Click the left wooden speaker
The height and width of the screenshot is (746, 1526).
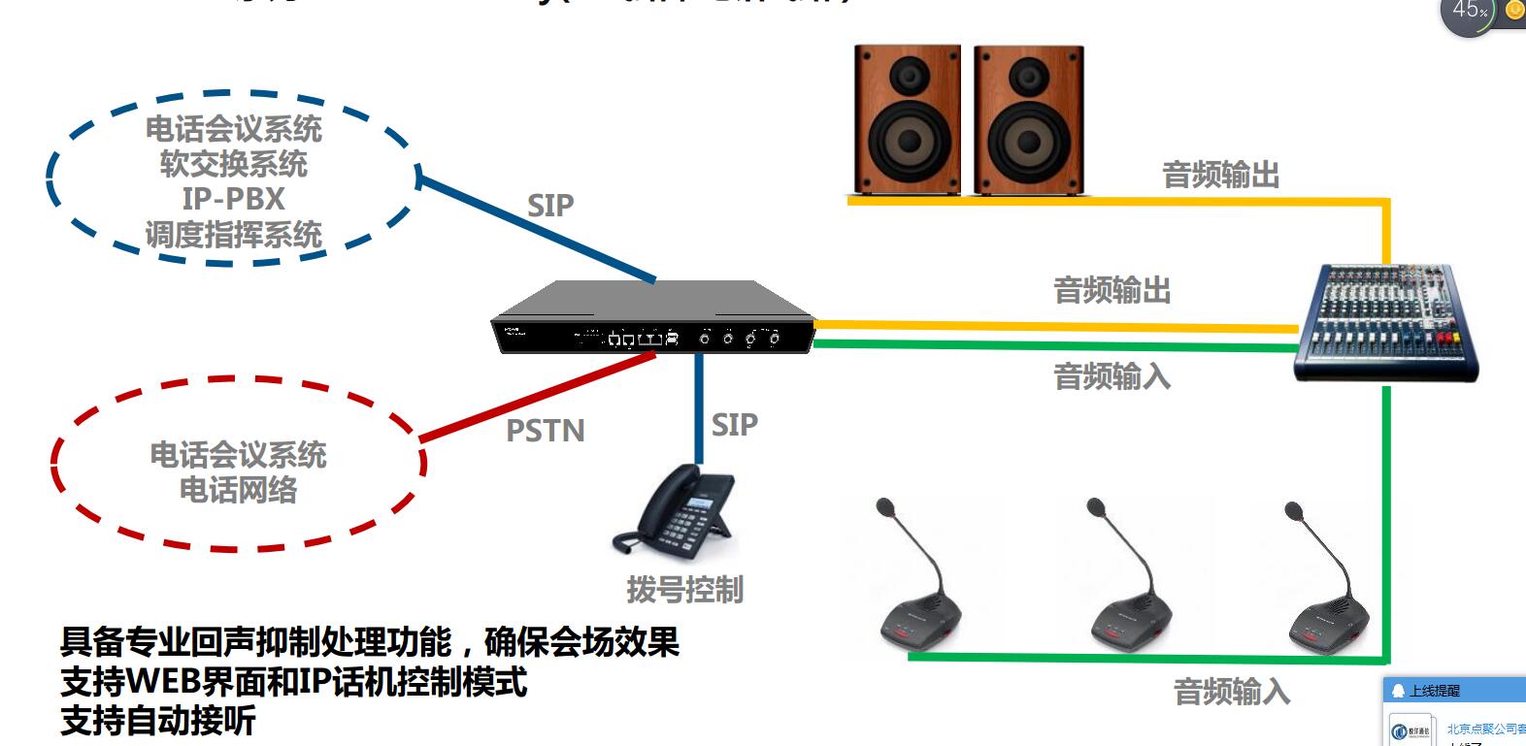point(908,119)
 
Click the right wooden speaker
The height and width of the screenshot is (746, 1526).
point(1029,119)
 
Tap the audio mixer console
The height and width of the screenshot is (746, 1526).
point(1386,322)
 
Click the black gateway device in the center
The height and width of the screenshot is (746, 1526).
point(652,320)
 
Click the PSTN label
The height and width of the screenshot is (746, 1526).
point(546,431)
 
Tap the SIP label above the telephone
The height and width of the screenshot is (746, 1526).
point(734,425)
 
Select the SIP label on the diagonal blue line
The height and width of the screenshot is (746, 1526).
point(550,206)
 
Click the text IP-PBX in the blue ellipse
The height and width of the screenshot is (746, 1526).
point(233,199)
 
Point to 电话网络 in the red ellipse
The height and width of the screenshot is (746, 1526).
point(238,490)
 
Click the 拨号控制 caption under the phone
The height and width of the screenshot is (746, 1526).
point(684,590)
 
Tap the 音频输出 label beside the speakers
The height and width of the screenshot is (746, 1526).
point(1220,176)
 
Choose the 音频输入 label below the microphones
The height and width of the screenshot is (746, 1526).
point(1231,692)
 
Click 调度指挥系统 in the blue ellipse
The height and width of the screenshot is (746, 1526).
point(233,235)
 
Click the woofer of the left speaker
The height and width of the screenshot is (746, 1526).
point(909,139)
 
